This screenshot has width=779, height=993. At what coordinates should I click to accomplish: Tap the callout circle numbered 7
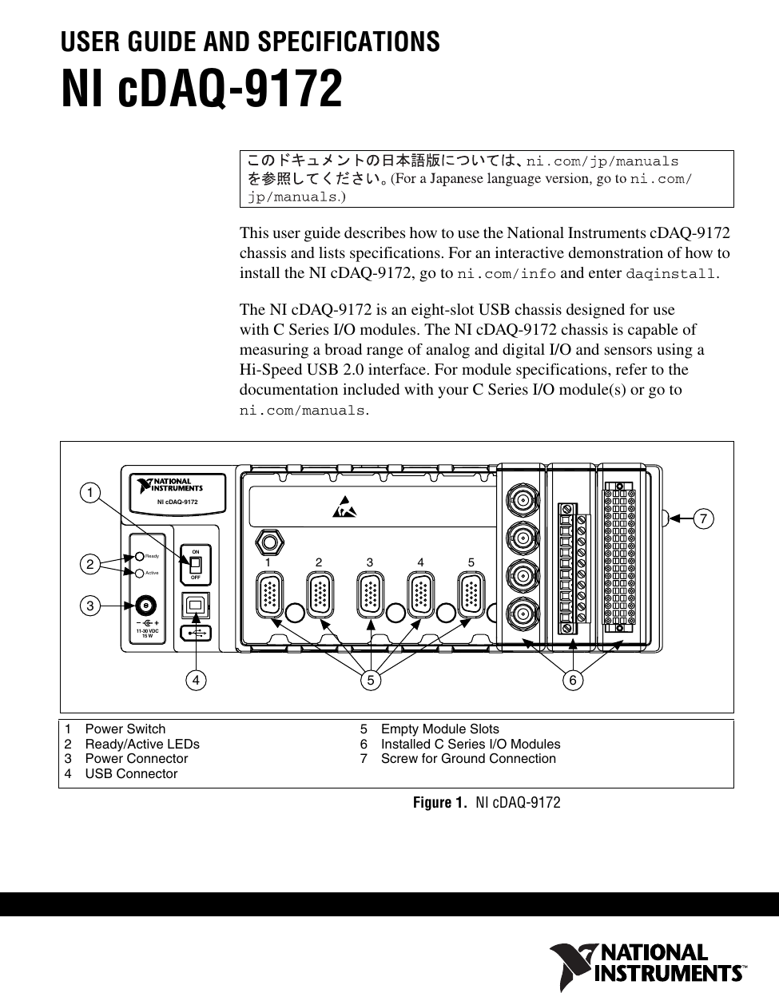[703, 518]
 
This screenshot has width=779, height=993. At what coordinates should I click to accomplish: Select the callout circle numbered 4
[194, 681]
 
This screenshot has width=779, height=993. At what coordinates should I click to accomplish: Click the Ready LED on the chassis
[139, 556]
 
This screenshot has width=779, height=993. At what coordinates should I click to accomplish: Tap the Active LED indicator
[139, 573]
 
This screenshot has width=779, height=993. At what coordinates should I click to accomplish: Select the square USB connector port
[194, 606]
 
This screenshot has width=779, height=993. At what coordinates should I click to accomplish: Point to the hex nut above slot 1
[270, 543]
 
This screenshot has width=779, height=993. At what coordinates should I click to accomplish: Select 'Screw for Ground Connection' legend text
[468, 758]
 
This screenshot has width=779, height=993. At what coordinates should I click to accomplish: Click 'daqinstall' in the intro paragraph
[671, 274]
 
